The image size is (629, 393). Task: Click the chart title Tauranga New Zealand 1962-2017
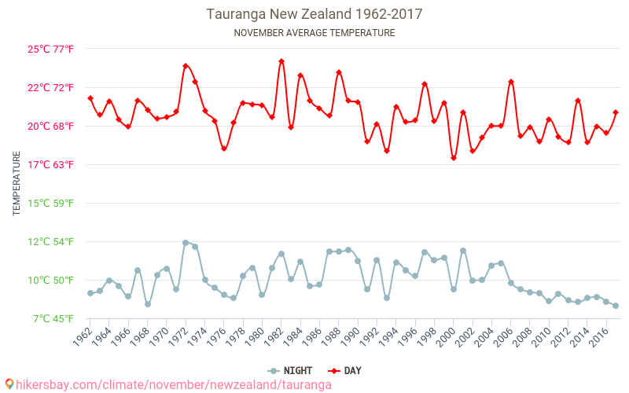coord(314,14)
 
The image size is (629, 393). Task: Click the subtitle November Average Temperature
coord(314,33)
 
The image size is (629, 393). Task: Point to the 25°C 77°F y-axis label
coord(51,49)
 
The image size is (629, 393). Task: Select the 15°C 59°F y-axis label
coord(51,203)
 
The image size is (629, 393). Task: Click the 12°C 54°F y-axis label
coord(51,241)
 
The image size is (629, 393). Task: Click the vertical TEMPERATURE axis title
coord(17,184)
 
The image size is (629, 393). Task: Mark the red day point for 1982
coord(281,61)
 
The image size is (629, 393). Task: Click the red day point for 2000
coord(454,158)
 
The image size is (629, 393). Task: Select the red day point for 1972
coord(186,66)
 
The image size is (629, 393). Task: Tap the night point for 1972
coord(186,243)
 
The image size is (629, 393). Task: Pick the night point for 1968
coord(148,304)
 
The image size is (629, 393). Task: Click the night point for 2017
coord(616,306)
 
